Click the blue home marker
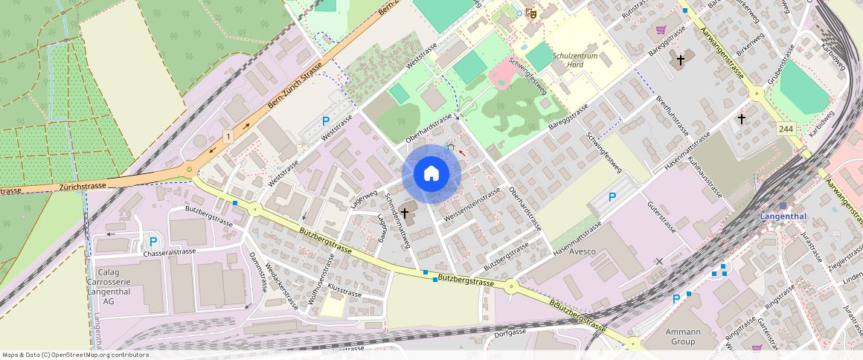pos(431,174)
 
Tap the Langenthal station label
pos(783,216)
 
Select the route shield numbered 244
pos(786,129)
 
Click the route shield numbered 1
pos(228,137)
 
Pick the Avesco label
pos(583,251)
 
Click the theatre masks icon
pos(530,13)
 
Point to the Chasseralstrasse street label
pos(170,252)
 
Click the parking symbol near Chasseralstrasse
pos(153,241)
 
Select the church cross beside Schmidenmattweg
pos(405,213)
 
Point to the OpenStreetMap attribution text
pos(75,355)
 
